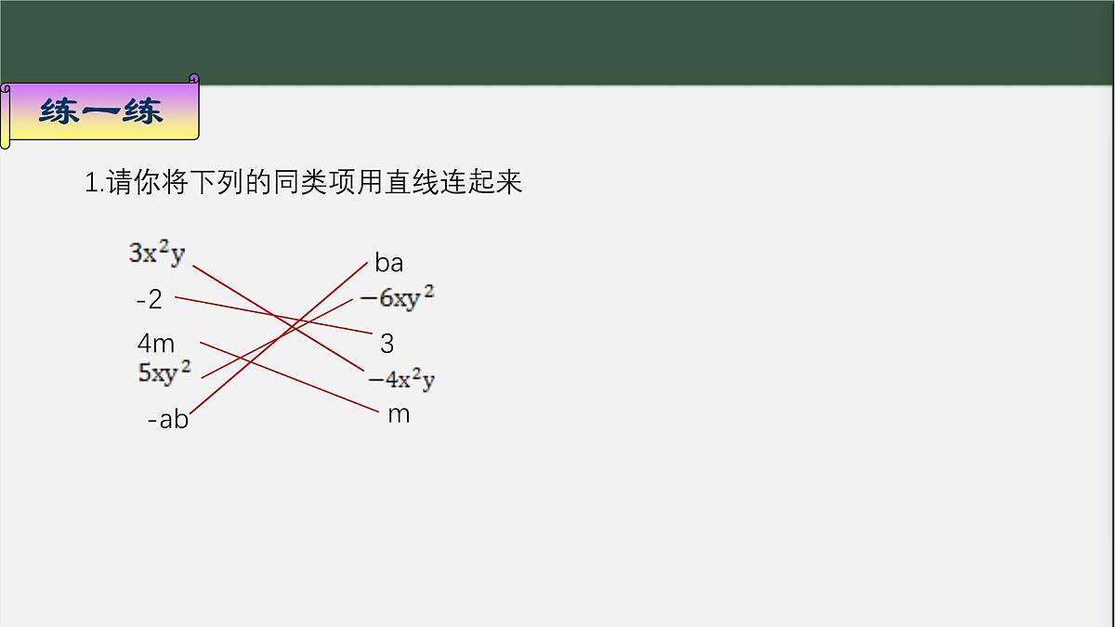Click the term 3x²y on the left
point(157,253)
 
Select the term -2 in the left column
point(149,299)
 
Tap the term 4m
point(156,344)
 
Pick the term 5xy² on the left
point(164,372)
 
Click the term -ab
point(168,420)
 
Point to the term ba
point(389,263)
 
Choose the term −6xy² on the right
point(397,298)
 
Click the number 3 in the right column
point(387,344)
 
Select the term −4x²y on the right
point(401,379)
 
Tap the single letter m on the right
point(399,414)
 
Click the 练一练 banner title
point(101,112)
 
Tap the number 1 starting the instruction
point(91,183)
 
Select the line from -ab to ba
point(223,385)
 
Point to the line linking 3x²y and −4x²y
point(232,289)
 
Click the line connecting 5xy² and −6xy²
point(232,361)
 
